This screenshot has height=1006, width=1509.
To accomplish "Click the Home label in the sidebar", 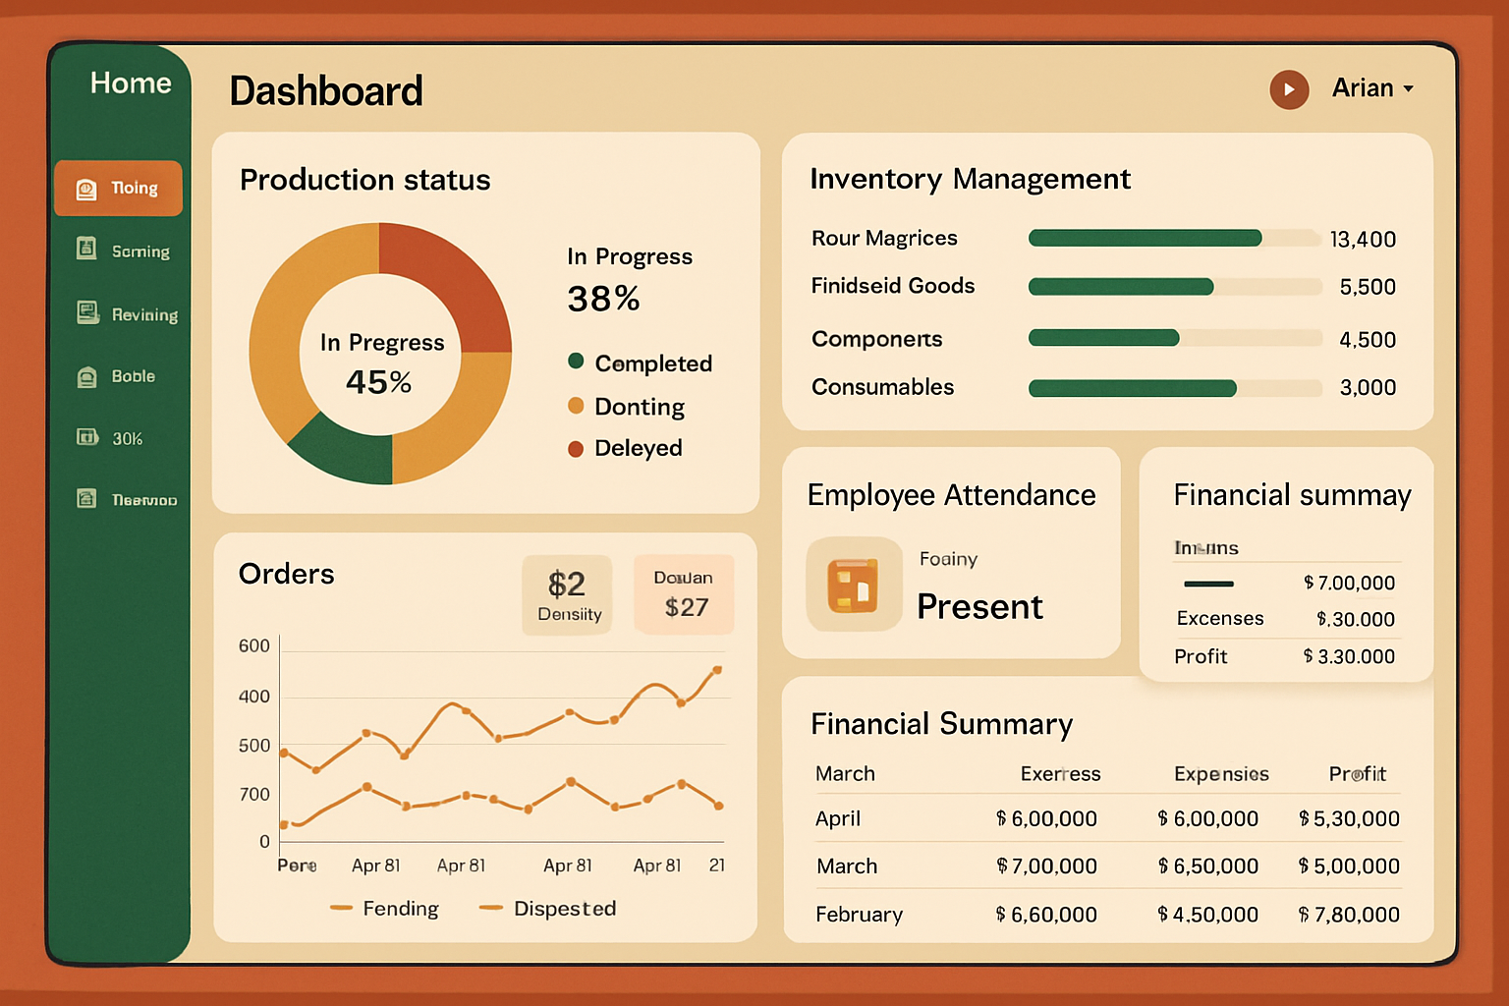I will tap(131, 84).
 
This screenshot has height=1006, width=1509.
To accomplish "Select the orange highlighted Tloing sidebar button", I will tap(119, 188).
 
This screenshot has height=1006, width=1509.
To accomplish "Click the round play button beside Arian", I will tap(1289, 89).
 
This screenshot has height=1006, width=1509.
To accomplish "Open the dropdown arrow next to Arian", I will tap(1409, 89).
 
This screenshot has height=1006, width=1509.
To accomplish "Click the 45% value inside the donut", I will tap(378, 381).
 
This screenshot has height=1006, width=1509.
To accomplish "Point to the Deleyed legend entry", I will tap(638, 448).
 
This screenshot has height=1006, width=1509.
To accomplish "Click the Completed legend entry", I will tap(652, 363).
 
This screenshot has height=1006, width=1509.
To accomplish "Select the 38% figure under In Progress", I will tap(603, 299).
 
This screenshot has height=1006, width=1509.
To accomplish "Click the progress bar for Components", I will tap(1174, 339).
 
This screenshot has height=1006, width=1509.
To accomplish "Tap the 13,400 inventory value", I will tap(1362, 240).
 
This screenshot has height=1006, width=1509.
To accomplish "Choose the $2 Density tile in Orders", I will tap(568, 595).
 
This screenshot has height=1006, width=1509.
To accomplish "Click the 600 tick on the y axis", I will tap(254, 646).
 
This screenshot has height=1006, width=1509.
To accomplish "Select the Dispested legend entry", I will tap(564, 909).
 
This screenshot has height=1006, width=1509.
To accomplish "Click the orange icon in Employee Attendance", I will tap(853, 585).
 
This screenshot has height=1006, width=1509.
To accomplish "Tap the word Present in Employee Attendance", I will tap(979, 607).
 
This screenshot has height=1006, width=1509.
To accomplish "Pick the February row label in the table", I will tap(859, 915).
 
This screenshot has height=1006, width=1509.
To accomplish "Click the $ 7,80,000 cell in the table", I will tap(1349, 915).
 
